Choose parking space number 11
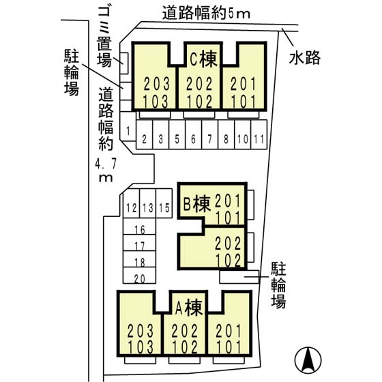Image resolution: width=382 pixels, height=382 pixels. click(259, 139)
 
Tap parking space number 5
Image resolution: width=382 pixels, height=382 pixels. click(177, 139)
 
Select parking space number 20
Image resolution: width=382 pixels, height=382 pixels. click(140, 278)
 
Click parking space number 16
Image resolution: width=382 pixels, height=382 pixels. click(140, 230)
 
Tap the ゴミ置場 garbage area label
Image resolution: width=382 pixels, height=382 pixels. click(104, 35)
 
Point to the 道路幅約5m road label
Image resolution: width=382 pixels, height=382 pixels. click(198, 12)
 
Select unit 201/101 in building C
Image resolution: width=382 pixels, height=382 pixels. click(241, 92)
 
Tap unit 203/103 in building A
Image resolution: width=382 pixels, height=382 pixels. click(142, 339)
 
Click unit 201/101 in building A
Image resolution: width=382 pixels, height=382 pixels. click(229, 339)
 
